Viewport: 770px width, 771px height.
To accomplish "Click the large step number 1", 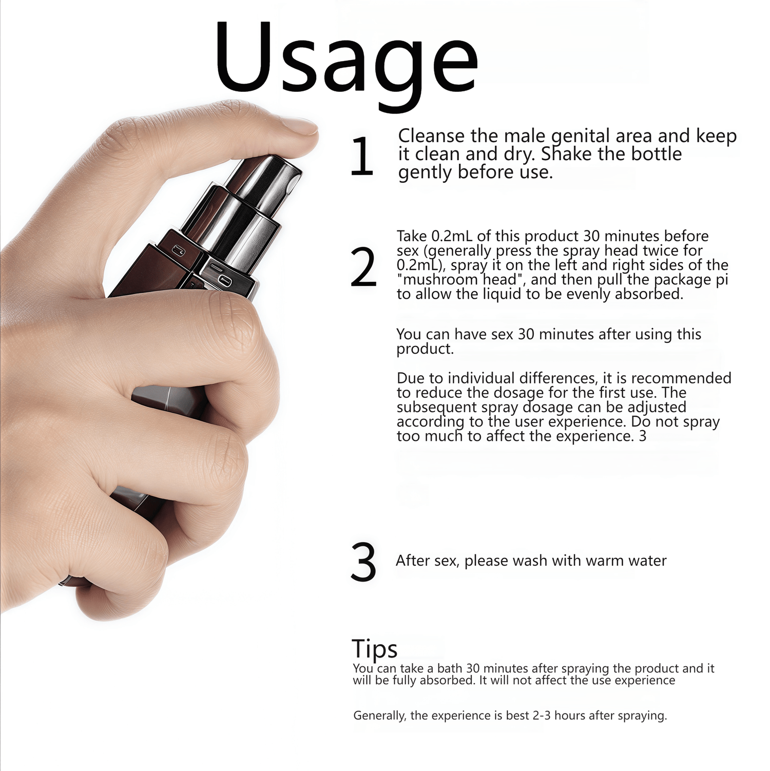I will click(362, 157).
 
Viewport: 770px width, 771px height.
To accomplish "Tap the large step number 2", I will click(363, 267).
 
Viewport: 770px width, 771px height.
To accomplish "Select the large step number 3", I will click(363, 563).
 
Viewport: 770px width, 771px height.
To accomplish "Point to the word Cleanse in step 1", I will click(432, 136).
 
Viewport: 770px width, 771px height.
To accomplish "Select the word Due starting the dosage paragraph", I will click(411, 378).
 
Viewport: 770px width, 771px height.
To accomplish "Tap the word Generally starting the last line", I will click(379, 716).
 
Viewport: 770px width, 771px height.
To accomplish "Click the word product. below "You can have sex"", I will click(425, 350).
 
